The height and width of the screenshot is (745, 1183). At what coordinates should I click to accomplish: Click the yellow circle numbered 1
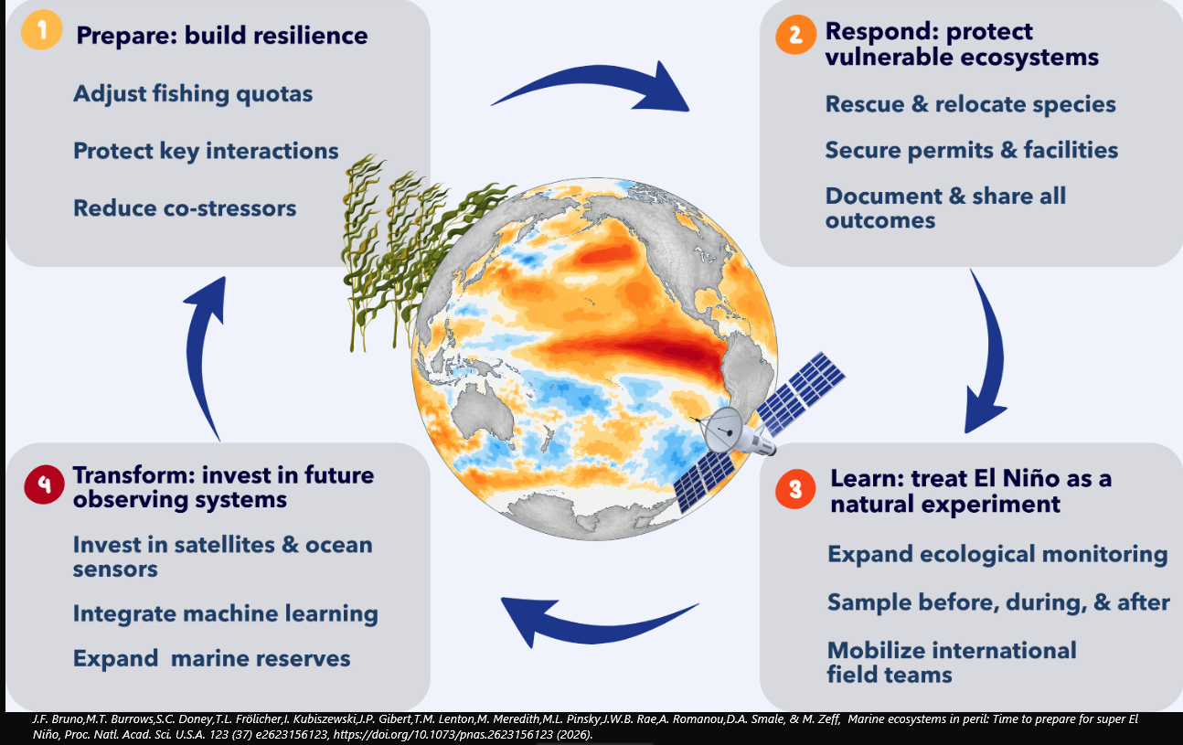click(41, 29)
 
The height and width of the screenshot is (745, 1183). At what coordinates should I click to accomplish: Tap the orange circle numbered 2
click(796, 35)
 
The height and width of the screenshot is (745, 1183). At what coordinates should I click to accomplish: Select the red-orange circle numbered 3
click(795, 489)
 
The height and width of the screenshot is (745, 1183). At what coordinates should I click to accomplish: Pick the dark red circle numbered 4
click(45, 484)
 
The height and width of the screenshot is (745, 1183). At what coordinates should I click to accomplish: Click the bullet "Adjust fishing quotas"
click(193, 94)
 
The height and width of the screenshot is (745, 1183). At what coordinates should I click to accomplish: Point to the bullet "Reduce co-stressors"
click(185, 208)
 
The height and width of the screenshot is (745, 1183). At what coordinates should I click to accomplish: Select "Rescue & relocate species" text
click(971, 104)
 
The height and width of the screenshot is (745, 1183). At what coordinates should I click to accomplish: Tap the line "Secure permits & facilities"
click(972, 150)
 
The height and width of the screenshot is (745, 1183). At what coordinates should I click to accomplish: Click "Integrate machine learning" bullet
click(226, 613)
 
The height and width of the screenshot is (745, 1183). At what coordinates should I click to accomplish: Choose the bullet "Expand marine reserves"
click(212, 658)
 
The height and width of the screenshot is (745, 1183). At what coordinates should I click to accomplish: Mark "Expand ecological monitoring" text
click(997, 554)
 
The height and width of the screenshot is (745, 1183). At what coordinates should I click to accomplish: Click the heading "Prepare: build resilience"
click(222, 36)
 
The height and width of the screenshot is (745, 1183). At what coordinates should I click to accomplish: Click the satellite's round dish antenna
click(722, 431)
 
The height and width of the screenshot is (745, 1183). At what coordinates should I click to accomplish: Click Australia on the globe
click(484, 410)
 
